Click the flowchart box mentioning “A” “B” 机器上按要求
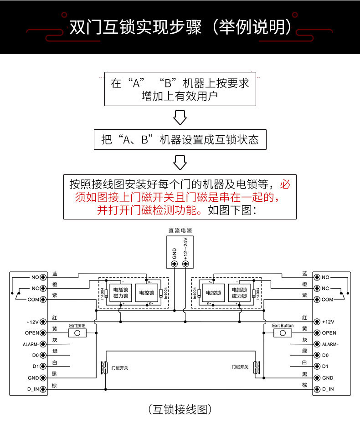tap(180, 89)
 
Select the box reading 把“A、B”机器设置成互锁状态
tap(180, 139)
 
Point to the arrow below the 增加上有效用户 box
tap(180, 117)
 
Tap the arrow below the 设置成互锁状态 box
tap(180, 162)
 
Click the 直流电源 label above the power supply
tap(180, 231)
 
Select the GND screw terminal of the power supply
tap(174, 264)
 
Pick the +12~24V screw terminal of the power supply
tap(185, 264)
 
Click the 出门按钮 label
tap(77, 326)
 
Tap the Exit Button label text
tap(283, 326)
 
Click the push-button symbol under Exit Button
tap(283, 334)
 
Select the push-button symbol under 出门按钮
tap(77, 334)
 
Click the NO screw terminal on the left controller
tap(44, 277)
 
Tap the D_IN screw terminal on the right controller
tap(317, 389)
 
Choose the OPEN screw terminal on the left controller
tap(44, 333)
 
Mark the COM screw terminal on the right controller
tap(317, 299)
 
